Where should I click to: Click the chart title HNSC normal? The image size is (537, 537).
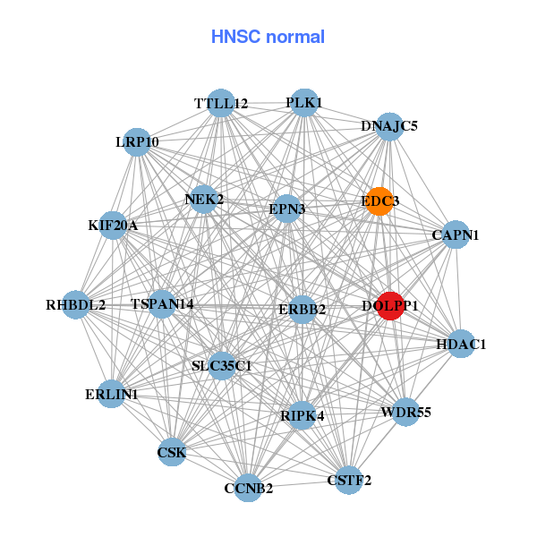tap(268, 37)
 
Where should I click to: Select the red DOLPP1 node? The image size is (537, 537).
tap(390, 305)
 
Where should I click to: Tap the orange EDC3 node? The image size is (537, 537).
tap(379, 201)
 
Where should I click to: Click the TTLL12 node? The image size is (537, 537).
tap(221, 104)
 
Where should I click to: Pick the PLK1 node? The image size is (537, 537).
tap(304, 102)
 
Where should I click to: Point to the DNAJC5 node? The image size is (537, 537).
tap(389, 126)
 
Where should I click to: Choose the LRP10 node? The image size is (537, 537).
tap(137, 142)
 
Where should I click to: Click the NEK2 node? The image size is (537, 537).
tap(205, 199)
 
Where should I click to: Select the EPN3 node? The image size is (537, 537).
tap(287, 209)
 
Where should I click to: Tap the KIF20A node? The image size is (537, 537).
tap(113, 225)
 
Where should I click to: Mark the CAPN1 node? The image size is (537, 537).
tap(456, 235)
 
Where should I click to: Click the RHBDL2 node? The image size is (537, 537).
tap(76, 305)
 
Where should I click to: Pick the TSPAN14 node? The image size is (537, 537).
tap(162, 304)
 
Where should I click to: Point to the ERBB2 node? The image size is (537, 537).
tap(302, 310)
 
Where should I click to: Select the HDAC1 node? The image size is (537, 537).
tap(461, 344)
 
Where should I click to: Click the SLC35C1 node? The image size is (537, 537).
tap(222, 365)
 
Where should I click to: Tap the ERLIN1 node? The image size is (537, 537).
tap(112, 394)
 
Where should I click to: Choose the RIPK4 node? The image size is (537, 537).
tap(303, 415)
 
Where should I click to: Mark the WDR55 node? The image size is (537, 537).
tap(405, 413)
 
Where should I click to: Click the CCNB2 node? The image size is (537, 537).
tap(248, 488)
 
